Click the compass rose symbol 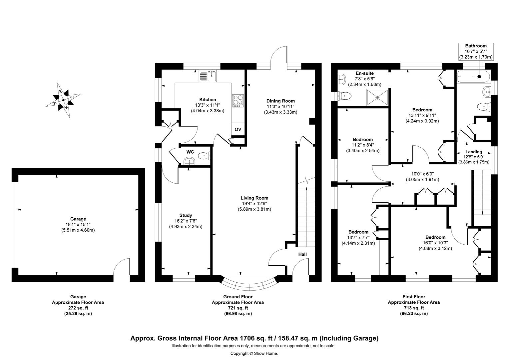[x=63, y=100]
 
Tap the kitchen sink [x=208, y=76]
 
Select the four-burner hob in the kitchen [x=238, y=101]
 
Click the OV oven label [x=238, y=129]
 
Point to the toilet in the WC [x=204, y=156]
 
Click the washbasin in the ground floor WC [x=189, y=161]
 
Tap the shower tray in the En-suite [x=377, y=97]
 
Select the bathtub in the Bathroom [x=473, y=77]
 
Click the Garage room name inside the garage [x=78, y=219]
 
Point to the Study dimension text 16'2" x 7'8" [x=186, y=221]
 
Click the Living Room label [x=254, y=198]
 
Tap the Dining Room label [x=280, y=101]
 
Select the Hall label [x=302, y=254]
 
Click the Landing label [x=474, y=152]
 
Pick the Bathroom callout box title [x=476, y=46]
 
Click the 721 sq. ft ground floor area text [x=238, y=308]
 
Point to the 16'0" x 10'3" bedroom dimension [x=435, y=243]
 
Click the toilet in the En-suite [x=344, y=96]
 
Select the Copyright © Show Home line [x=254, y=353]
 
